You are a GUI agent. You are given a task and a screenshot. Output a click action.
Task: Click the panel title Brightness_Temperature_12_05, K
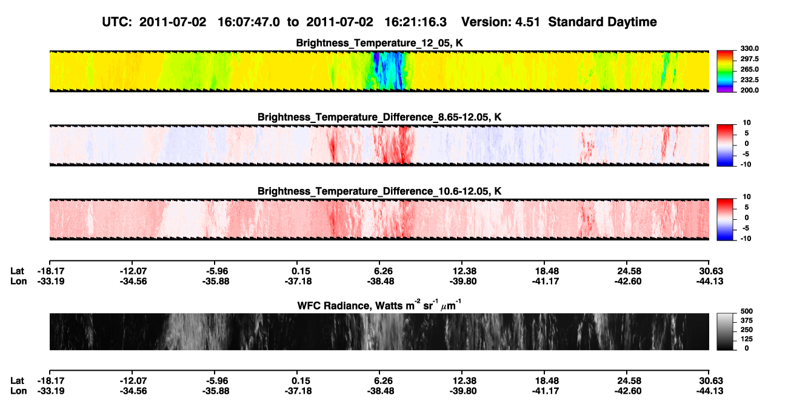tap(379, 43)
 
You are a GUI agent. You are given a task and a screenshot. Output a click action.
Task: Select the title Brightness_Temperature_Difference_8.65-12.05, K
tap(379, 117)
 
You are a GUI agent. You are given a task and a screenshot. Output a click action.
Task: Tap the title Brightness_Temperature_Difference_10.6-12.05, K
tap(379, 191)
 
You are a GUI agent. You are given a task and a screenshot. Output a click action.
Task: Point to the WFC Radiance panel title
tap(379, 305)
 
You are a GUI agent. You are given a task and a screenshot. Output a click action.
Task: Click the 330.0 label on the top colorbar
tap(749, 48)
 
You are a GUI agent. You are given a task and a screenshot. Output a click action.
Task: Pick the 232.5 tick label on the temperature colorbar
tap(749, 80)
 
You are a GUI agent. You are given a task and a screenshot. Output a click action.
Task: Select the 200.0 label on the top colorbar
tap(749, 90)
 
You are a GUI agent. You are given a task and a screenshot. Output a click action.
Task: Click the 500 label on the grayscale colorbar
tap(747, 311)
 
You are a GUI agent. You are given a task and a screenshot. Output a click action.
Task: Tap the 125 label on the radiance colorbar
tap(747, 339)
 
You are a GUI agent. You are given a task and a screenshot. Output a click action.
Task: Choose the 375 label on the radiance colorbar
tap(747, 320)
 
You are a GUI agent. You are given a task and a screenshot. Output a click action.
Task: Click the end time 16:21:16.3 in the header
tap(415, 22)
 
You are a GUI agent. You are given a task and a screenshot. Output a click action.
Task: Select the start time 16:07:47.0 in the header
tap(249, 22)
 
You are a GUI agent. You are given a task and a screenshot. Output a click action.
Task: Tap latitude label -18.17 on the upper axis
tap(51, 271)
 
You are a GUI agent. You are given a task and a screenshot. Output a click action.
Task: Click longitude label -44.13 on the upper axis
tap(710, 281)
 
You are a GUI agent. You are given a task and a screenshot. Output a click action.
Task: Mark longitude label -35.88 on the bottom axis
tap(216, 391)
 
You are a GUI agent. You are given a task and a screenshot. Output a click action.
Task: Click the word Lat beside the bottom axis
tap(17, 381)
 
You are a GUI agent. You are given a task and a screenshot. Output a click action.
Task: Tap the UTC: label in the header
tap(117, 22)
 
